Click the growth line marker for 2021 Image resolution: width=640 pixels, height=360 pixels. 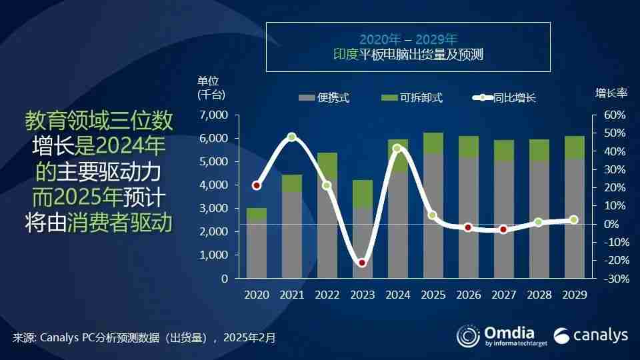click(x=292, y=137)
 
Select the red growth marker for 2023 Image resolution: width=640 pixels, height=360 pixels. click(x=362, y=263)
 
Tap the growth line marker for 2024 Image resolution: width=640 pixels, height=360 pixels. click(x=397, y=148)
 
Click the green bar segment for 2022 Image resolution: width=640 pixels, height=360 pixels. click(x=327, y=165)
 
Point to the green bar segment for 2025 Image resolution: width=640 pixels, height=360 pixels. click(x=433, y=143)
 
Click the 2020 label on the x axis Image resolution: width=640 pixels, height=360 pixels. click(x=257, y=294)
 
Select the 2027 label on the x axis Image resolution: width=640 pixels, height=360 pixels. click(x=503, y=294)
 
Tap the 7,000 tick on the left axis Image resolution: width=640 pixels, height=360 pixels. click(x=214, y=115)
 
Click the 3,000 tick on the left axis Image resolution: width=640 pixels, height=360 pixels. click(x=214, y=209)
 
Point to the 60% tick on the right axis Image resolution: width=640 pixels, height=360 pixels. click(x=614, y=115)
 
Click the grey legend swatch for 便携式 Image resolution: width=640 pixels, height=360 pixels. click(x=306, y=98)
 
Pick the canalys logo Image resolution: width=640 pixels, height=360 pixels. click(x=591, y=335)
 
